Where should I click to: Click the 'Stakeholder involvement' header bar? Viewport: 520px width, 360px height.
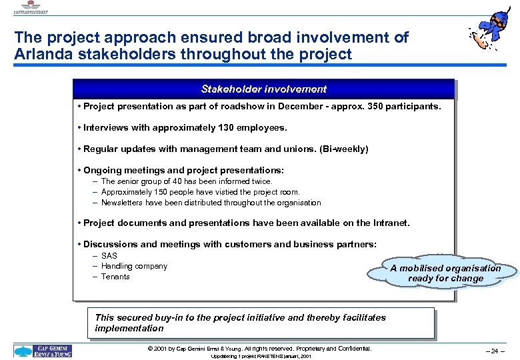point(264,89)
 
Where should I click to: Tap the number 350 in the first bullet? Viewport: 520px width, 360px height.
point(373,106)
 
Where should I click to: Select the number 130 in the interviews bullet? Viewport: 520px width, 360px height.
point(218,127)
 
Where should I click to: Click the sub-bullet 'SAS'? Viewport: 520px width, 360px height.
point(109,256)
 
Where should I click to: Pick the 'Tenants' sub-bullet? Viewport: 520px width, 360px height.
point(115,277)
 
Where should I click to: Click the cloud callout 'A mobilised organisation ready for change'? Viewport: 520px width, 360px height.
point(445,273)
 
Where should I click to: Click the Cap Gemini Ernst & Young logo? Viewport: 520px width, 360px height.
point(43,351)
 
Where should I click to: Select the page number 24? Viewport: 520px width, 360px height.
point(494,351)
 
